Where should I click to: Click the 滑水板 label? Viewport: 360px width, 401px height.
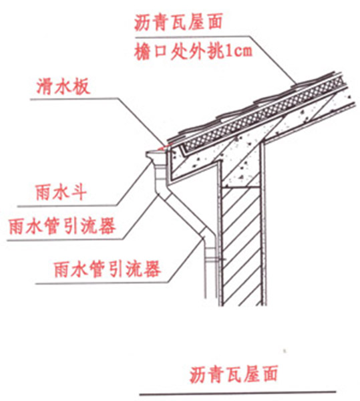63,87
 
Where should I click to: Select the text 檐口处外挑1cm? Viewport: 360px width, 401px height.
193,51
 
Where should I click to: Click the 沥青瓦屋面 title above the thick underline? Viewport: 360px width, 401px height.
233,375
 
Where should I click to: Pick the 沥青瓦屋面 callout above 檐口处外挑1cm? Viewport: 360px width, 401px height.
178,23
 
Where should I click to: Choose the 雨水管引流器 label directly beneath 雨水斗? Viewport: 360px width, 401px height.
62,227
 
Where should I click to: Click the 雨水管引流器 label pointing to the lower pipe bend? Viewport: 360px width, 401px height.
108,269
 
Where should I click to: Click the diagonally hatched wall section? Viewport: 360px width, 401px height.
242,245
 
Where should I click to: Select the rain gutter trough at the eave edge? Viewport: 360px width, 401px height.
156,155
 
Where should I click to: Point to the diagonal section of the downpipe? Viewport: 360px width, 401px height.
184,214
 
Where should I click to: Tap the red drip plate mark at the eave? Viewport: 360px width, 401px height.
164,147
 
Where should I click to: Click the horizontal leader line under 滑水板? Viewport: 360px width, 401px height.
75,99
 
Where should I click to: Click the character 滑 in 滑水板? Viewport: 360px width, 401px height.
45,87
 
